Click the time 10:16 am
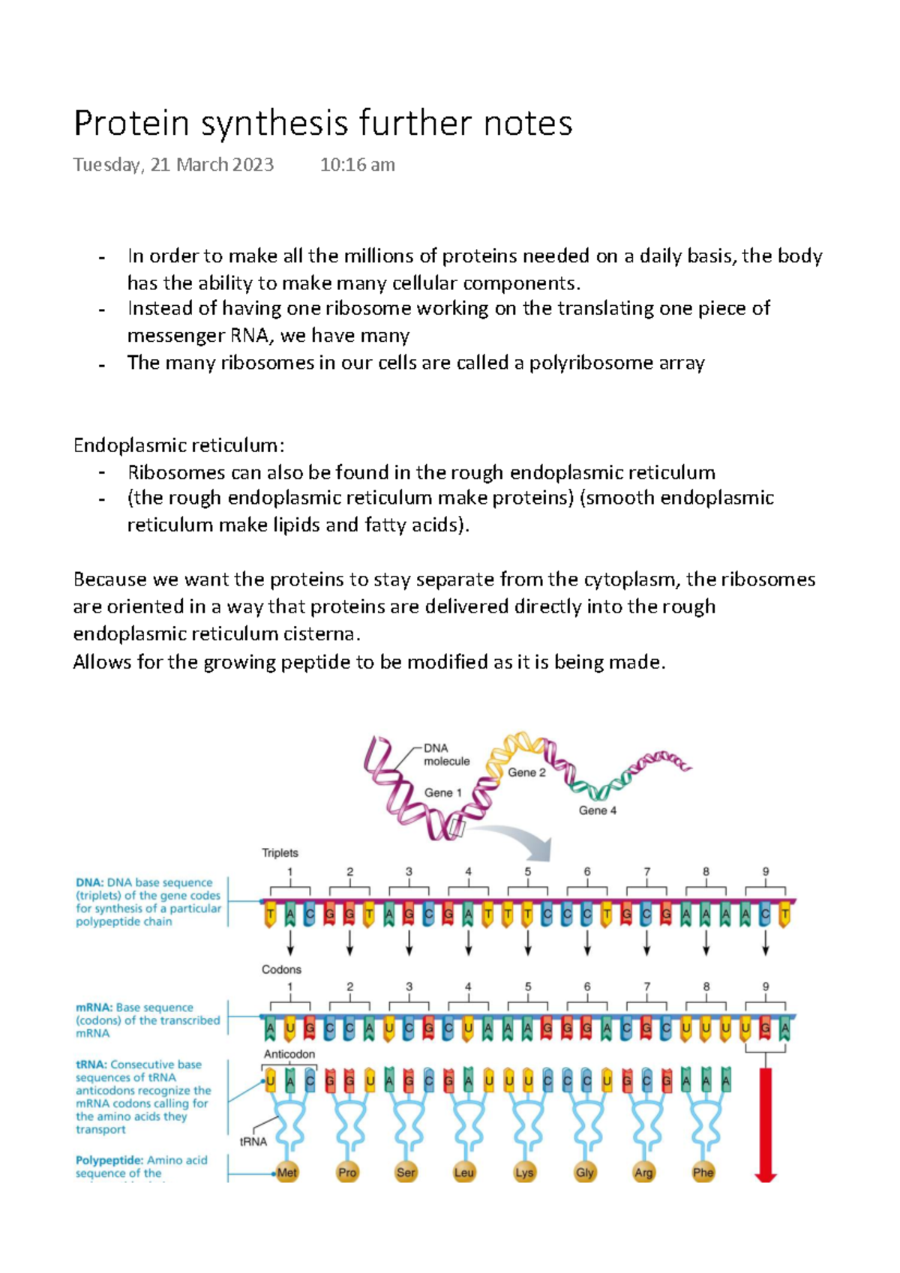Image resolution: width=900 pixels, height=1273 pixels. coord(357,165)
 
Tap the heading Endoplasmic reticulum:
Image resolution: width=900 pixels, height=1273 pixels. coord(178,445)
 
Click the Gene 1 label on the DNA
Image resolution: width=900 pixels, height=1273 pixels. coord(442,792)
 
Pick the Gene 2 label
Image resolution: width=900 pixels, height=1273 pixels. coord(526,772)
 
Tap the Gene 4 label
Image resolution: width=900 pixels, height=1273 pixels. coord(597,810)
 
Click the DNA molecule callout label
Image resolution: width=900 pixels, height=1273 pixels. coord(446,754)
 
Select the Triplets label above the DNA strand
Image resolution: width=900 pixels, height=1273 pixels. coord(280,852)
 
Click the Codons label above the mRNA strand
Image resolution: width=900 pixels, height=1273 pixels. coord(281,969)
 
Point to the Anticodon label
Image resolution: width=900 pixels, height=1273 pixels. coord(289,1054)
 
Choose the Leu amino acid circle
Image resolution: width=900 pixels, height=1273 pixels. coord(464,1173)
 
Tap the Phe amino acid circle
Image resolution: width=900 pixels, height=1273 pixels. coord(703,1173)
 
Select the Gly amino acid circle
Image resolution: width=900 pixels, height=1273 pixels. coord(584,1173)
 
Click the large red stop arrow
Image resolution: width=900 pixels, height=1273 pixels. coord(765,1125)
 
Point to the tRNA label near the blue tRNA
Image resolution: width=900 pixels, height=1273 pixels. coord(253,1142)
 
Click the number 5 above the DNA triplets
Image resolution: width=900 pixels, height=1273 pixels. coord(528,872)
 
